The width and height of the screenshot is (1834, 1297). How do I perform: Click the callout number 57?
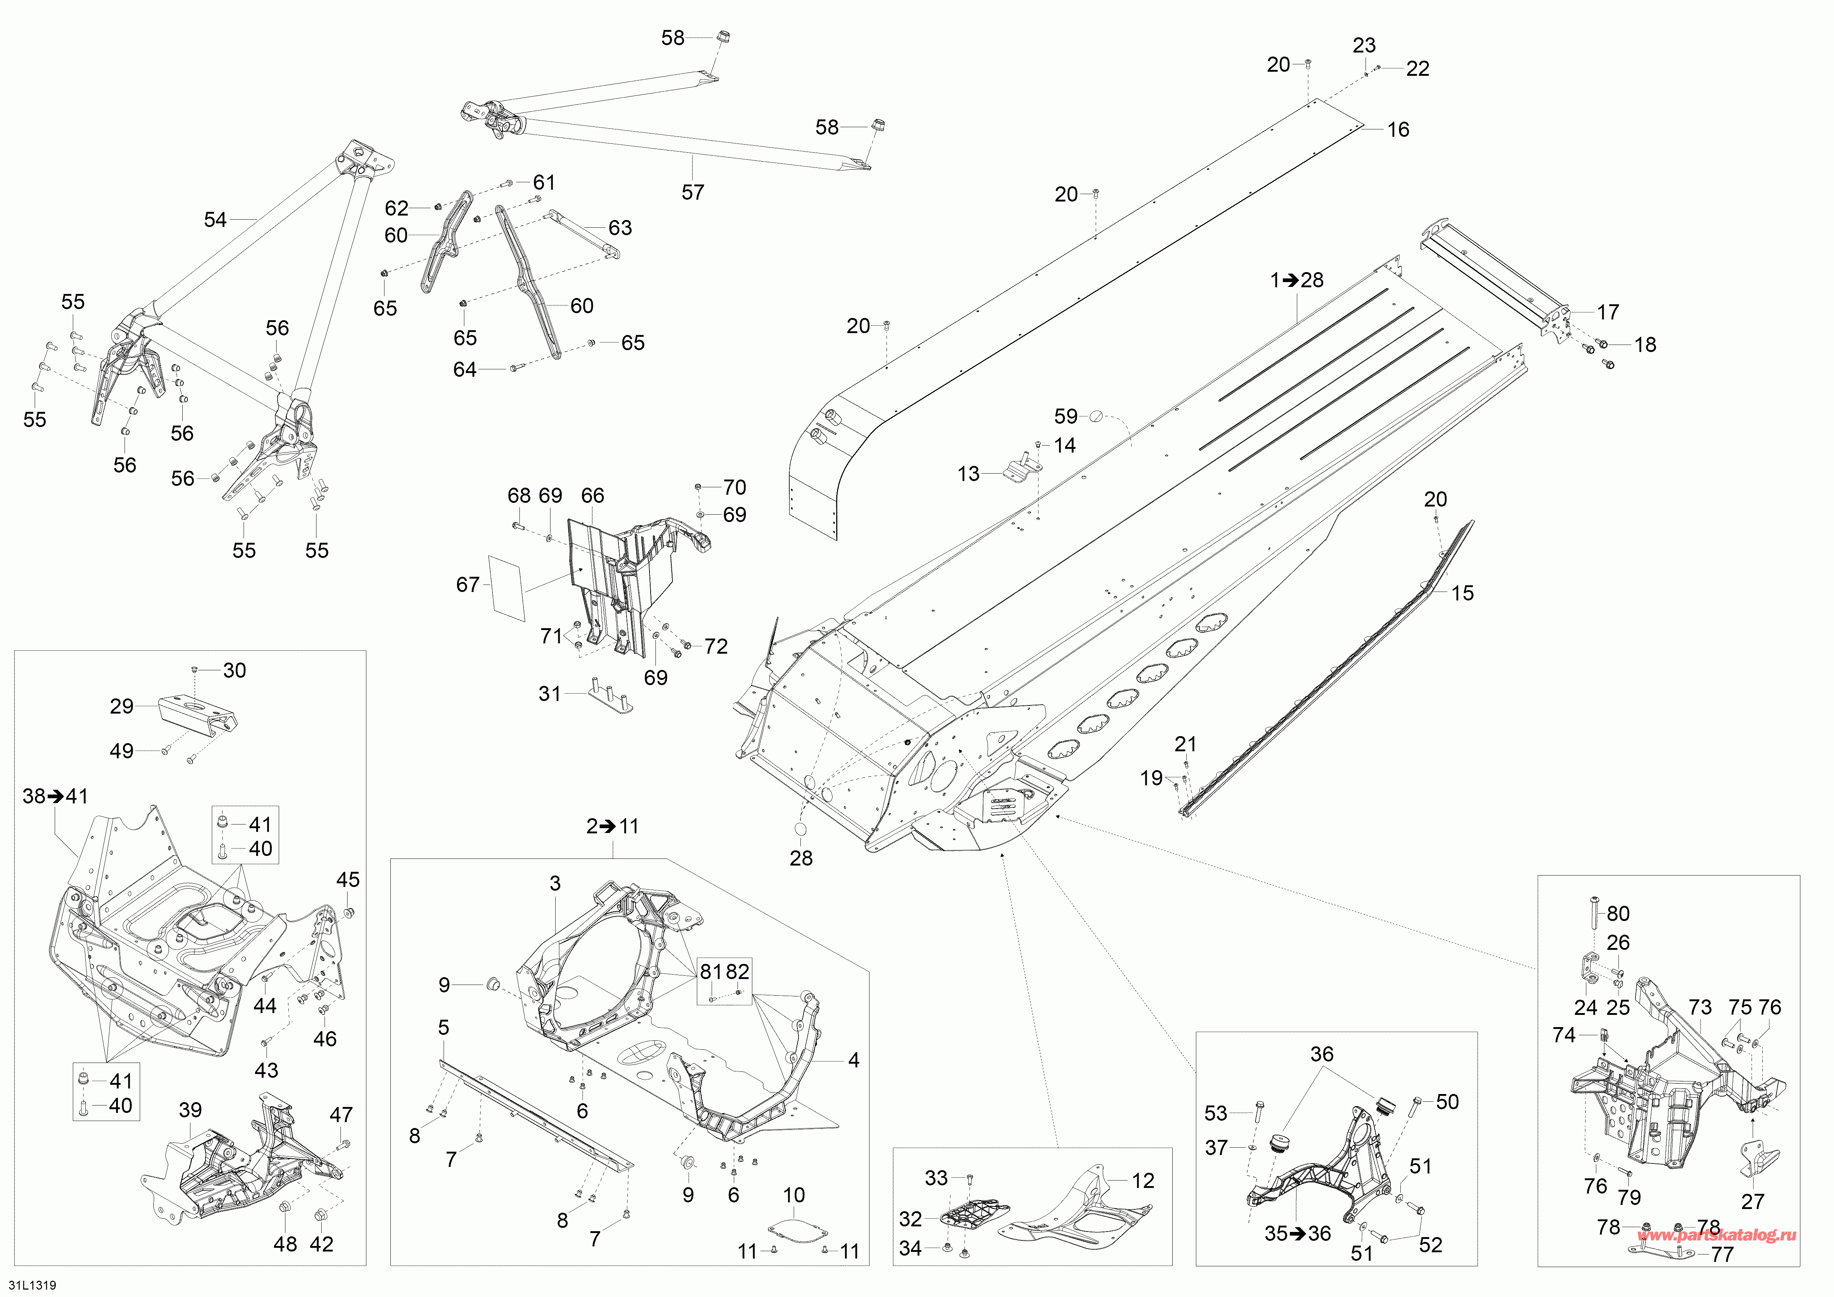coord(692,193)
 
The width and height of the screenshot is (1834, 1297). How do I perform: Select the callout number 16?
coord(1398,129)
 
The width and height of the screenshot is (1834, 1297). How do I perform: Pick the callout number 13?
coord(968,474)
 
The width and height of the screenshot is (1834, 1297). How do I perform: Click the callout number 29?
coord(121,706)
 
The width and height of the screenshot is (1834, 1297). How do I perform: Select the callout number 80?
coord(1617,914)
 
